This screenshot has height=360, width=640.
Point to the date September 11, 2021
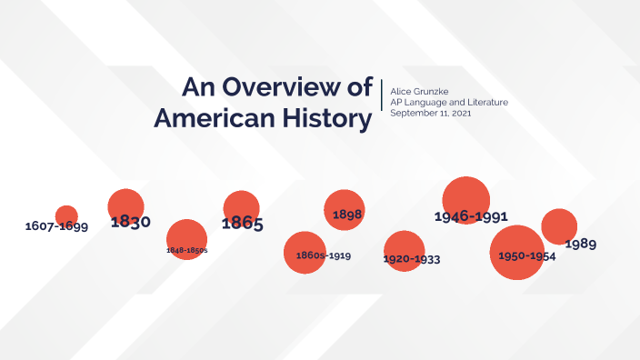point(430,113)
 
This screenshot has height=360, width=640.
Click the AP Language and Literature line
point(448,102)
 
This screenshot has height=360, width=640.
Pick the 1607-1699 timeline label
point(56,225)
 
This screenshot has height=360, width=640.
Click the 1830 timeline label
point(130,221)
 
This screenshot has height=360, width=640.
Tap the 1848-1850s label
point(186,249)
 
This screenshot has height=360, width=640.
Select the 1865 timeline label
point(243,223)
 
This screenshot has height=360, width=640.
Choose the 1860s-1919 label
point(324,255)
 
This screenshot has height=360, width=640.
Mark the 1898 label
point(347,215)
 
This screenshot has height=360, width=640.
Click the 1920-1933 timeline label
point(412,259)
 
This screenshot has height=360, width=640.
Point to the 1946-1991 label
point(470,216)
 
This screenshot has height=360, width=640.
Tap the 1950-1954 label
point(526,256)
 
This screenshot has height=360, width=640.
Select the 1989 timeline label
point(580,244)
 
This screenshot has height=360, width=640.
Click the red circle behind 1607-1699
point(66,215)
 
